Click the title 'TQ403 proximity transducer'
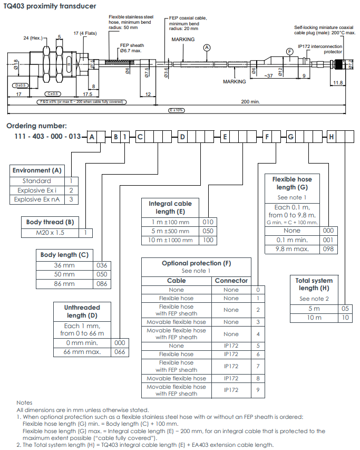pos(50,6)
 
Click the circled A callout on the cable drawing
pos(207,47)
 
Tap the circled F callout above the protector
pos(290,52)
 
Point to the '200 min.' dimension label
pos(250,102)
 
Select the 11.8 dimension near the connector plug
pos(338,83)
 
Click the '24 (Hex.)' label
pos(33,38)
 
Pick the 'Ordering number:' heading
pos(36,126)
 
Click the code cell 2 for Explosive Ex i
pos(71,190)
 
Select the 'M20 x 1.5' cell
pos(50,233)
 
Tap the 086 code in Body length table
pos(102,284)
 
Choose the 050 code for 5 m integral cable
pos(208,231)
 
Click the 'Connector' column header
pos(231,281)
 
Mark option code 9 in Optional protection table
pos(258,390)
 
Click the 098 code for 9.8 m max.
pos(328,249)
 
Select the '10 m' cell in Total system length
pos(314,318)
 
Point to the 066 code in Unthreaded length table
pos(120,352)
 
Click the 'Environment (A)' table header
pos(37,170)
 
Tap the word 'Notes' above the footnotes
pos(24,403)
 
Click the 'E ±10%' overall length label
pos(177,110)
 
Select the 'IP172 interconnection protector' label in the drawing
pos(320,49)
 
